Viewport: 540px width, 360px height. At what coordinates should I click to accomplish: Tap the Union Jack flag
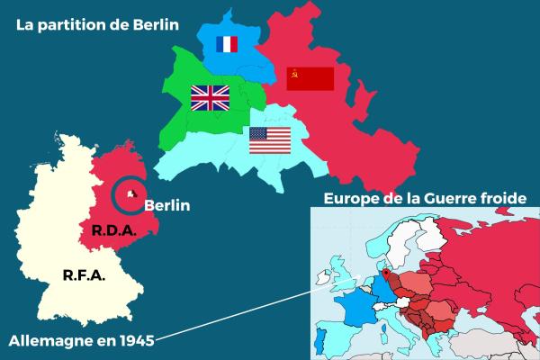click(211, 98)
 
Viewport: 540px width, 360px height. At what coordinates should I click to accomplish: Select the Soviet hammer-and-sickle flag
click(310, 78)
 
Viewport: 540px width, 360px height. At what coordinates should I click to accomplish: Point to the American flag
click(269, 140)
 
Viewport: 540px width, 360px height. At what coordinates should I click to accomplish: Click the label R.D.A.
click(113, 231)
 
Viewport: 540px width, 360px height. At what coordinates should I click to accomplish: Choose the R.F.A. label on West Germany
click(84, 275)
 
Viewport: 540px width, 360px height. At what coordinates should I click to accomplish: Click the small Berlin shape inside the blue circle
click(131, 193)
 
